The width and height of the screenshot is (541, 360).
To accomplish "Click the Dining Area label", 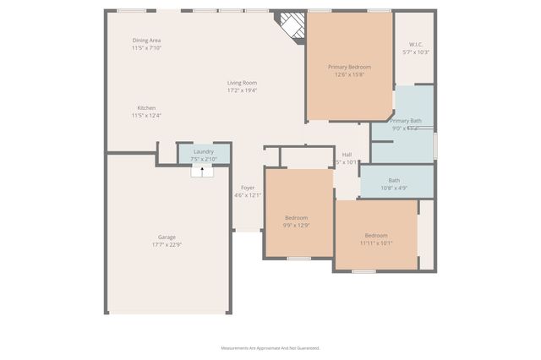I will [146, 41].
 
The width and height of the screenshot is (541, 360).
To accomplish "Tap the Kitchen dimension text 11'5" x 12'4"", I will [146, 116].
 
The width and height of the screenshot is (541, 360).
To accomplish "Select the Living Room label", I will [242, 82].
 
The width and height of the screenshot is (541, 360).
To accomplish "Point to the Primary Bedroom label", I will [349, 67].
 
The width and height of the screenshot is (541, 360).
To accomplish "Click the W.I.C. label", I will [415, 44].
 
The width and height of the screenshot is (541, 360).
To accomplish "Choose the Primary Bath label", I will [406, 121].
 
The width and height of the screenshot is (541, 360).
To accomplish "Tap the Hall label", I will [347, 155].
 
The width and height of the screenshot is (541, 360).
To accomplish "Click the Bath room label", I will [394, 180].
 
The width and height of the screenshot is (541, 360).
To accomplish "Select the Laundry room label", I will [204, 151].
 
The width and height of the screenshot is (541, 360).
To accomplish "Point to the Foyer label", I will [248, 188].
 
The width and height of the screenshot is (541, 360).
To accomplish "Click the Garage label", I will [167, 237].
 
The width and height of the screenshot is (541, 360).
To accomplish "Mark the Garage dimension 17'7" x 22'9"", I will [167, 245].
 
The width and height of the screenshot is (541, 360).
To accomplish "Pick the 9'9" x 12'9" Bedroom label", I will [296, 217].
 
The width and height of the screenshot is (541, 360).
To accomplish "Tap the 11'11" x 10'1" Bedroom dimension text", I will [376, 243].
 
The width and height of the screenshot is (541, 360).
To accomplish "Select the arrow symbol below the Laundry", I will [202, 171].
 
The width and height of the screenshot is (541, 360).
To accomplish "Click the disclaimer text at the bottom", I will [270, 347].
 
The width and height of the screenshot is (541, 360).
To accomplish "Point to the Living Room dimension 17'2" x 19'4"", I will [242, 90].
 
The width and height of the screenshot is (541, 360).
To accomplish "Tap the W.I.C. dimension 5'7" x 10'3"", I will [416, 52].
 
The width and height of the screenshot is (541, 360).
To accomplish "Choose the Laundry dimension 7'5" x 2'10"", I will [204, 159].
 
